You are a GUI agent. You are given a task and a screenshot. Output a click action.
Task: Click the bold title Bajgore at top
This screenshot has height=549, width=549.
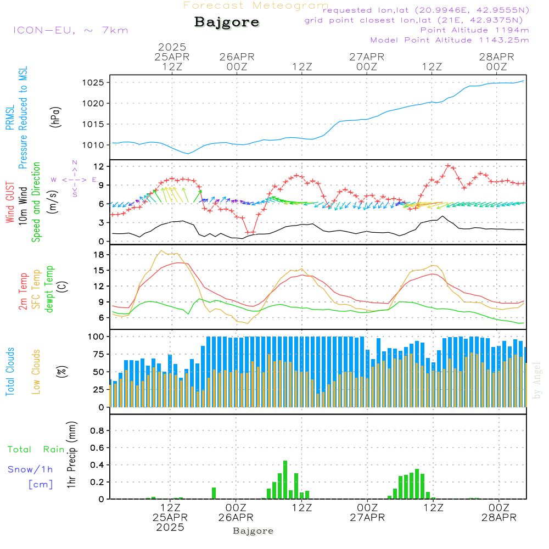227,23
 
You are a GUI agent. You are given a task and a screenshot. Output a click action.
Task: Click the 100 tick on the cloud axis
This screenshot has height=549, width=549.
98,336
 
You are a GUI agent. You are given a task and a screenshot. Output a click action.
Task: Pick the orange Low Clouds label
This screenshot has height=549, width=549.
37,371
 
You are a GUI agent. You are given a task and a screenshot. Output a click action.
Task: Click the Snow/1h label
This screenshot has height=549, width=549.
31,469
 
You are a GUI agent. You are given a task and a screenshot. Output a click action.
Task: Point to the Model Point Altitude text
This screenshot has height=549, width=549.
450,40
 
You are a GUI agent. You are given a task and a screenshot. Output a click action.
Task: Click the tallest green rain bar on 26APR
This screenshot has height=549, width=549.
285,480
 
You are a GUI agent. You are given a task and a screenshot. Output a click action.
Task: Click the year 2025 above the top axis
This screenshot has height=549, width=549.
172,47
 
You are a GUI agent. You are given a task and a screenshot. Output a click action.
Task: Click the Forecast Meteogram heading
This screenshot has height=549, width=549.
256,5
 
